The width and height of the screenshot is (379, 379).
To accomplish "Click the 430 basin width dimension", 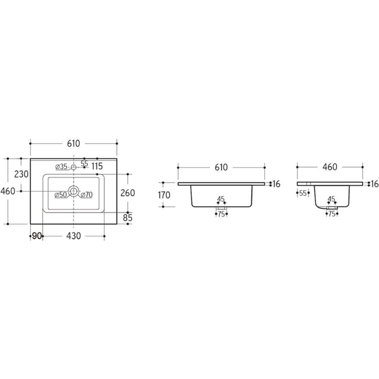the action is coord(74,236).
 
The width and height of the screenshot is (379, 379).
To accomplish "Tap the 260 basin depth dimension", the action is coord(128,193).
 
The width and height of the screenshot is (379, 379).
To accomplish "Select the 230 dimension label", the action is coord(21,174).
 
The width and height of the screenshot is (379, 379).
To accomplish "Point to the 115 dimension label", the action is coord(97,166).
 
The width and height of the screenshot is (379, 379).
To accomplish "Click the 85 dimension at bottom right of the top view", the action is coord(128,218).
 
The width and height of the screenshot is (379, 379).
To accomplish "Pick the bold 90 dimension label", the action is coord(37,236).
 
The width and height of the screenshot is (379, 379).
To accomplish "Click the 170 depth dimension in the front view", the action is coord(164,195).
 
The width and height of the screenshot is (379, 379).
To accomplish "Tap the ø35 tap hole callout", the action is coord(61,167).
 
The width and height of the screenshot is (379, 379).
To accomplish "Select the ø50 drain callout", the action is coord(61,195).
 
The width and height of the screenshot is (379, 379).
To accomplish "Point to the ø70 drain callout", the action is coord(87,195).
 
